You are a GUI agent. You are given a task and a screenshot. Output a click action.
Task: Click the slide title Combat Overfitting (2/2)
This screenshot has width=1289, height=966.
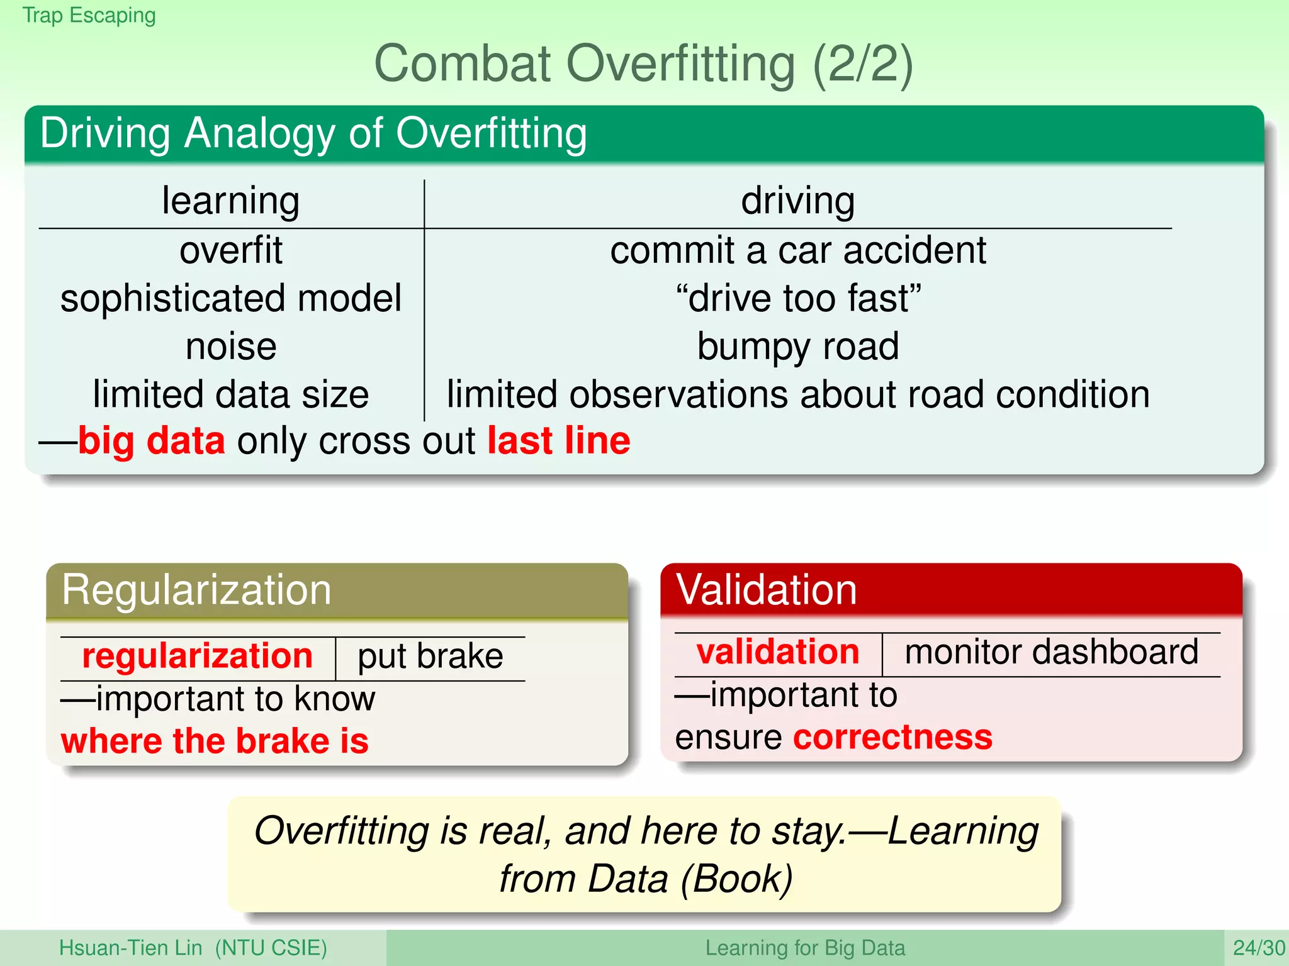click(643, 64)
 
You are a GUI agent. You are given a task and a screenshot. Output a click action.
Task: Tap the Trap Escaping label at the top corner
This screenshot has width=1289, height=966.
click(89, 15)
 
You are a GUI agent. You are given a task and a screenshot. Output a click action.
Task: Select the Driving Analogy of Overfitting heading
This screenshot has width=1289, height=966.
click(313, 133)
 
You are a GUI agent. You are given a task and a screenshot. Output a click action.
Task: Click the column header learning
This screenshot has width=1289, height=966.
click(230, 201)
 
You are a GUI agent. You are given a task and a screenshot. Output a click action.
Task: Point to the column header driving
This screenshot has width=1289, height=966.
click(797, 201)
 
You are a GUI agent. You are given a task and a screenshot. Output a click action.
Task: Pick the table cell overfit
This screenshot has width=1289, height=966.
click(230, 250)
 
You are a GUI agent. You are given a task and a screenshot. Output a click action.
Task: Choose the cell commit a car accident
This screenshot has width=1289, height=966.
click(797, 250)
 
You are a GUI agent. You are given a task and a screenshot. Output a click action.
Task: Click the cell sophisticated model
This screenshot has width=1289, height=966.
click(230, 298)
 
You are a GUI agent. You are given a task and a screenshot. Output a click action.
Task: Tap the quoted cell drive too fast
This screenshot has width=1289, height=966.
click(797, 298)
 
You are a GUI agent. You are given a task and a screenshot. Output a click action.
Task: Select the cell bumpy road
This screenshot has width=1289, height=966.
click(797, 347)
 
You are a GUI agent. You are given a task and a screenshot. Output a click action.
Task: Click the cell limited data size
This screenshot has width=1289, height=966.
click(230, 395)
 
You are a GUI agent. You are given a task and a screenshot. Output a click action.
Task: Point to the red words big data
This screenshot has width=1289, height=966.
click(151, 441)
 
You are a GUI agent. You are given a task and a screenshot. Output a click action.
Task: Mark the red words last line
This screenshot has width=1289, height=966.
click(558, 441)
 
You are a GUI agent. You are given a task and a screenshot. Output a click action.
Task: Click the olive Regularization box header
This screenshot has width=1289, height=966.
click(196, 590)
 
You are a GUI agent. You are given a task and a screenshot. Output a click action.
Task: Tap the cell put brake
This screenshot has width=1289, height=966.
click(430, 657)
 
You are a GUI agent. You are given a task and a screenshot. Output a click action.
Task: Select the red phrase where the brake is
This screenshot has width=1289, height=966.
click(215, 741)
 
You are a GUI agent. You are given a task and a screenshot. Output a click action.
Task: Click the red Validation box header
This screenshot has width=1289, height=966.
click(766, 590)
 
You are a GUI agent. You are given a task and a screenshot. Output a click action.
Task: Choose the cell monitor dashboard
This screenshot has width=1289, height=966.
click(1050, 652)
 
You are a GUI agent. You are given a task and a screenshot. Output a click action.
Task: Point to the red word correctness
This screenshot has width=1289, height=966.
click(892, 737)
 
